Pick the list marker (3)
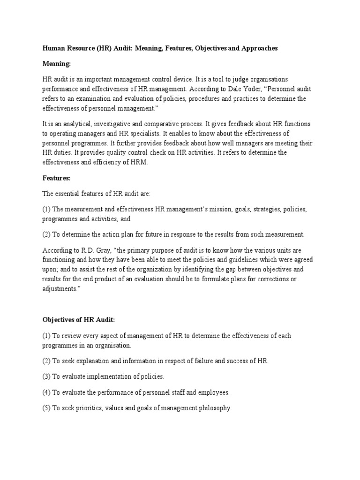point(46,376)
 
